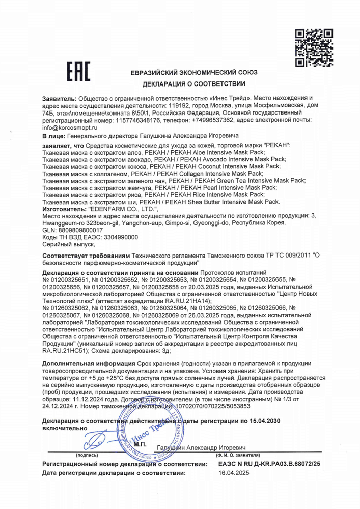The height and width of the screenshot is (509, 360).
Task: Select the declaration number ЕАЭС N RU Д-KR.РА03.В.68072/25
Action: (269, 464)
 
